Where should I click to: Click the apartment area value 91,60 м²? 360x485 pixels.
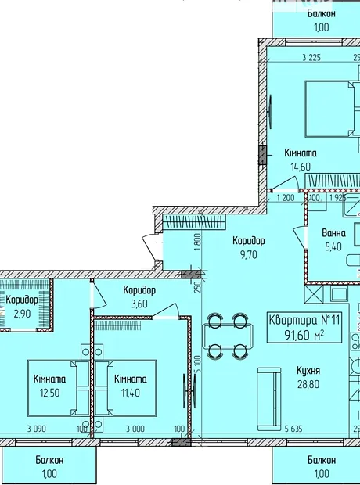point(304,334)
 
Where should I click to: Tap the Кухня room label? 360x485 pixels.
point(308,370)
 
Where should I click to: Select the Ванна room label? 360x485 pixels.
point(333,232)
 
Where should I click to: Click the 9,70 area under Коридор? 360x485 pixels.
point(249,254)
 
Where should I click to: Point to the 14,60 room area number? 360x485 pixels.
point(301,167)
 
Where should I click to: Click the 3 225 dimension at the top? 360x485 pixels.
point(311,58)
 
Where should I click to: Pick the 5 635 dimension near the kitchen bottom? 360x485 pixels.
point(293,429)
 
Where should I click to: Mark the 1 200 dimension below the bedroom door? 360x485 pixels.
point(286,198)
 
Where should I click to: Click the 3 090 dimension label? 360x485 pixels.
point(37,429)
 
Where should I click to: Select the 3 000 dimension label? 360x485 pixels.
point(135,429)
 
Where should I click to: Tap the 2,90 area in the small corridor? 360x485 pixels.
point(22,314)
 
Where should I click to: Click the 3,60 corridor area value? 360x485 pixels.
point(139,304)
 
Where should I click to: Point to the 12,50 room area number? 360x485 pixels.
point(49,393)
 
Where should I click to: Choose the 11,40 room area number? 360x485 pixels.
point(131,393)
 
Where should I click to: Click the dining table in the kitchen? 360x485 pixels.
point(228,336)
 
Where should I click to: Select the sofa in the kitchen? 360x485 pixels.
point(269,399)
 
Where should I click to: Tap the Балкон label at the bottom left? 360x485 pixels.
point(49,460)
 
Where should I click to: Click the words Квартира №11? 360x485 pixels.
point(304,320)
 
